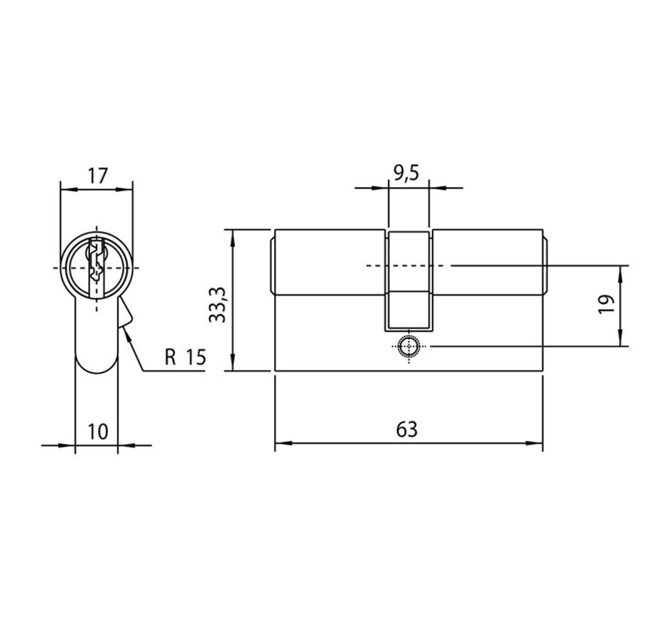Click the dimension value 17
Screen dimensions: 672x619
(97, 176)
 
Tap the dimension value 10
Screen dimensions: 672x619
(97, 431)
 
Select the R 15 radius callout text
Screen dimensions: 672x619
(186, 357)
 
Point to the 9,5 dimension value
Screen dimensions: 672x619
(405, 174)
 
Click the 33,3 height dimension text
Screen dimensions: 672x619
(218, 304)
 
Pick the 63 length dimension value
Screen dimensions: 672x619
(407, 430)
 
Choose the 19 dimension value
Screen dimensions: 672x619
(607, 303)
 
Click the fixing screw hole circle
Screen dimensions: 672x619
(408, 346)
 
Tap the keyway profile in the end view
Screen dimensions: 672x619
(97, 267)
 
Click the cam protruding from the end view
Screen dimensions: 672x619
(125, 313)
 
